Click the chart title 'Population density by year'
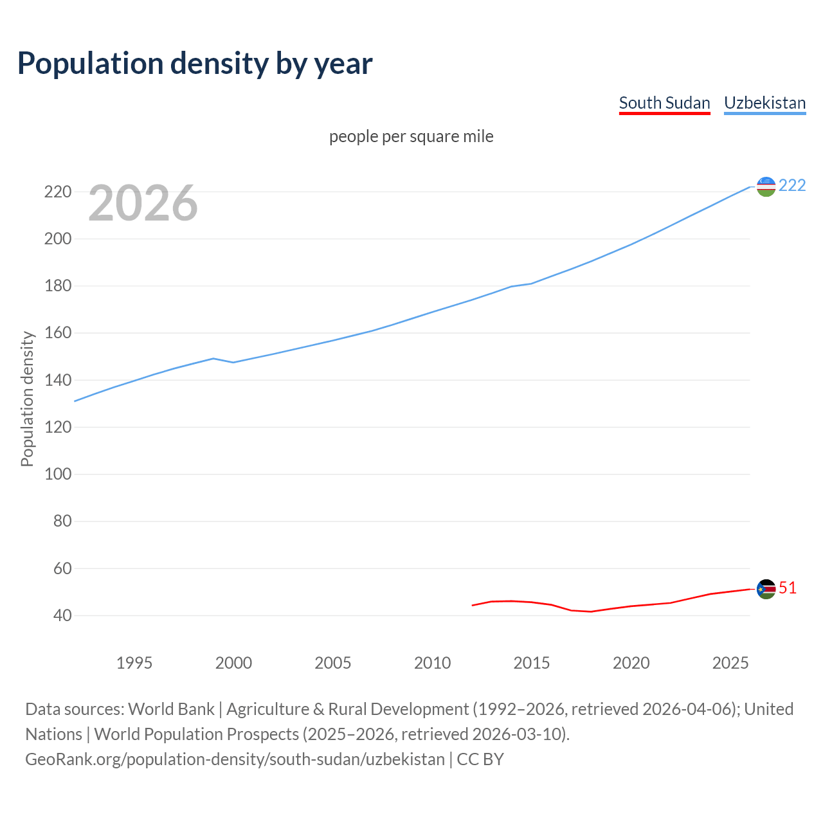(x=195, y=64)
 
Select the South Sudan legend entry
(x=664, y=103)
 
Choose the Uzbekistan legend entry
(x=764, y=103)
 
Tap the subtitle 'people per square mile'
(x=411, y=136)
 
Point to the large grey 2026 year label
(x=143, y=203)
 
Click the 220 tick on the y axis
(x=57, y=192)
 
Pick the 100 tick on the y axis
(x=57, y=474)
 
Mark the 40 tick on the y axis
(x=62, y=615)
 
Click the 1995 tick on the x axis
(x=134, y=663)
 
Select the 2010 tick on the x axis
(x=432, y=663)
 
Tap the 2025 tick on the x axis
(x=730, y=663)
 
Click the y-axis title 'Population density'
(x=27, y=399)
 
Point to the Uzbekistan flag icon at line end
(x=766, y=186)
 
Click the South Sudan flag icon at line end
(x=766, y=589)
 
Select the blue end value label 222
(x=792, y=185)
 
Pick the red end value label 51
(x=788, y=588)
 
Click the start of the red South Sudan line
(x=473, y=605)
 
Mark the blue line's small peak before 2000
(x=213, y=359)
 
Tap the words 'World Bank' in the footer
(x=171, y=709)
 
